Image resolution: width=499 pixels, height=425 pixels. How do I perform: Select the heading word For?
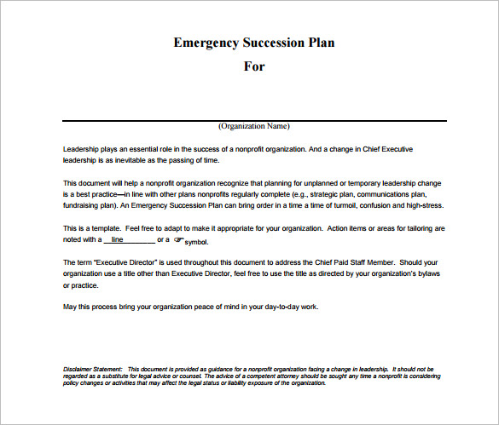coord(253,66)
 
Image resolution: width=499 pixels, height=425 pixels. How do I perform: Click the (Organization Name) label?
coord(253,126)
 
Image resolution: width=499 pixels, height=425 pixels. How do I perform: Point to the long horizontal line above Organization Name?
coord(253,120)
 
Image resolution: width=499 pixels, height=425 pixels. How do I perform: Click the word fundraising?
coord(84,205)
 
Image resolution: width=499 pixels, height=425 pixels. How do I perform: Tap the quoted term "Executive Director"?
coord(125,261)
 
